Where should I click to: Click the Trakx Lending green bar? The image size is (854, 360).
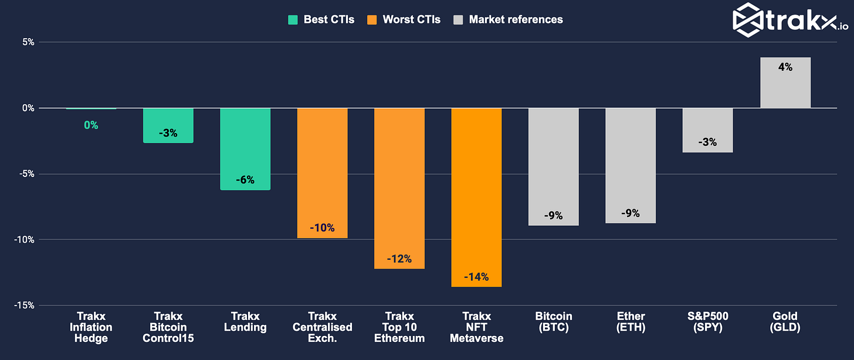click(x=245, y=149)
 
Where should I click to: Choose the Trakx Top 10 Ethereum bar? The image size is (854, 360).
click(x=399, y=188)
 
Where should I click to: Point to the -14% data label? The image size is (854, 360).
click(x=476, y=277)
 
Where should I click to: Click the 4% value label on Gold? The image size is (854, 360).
click(x=785, y=67)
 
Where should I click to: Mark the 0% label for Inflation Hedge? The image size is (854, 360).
click(x=91, y=125)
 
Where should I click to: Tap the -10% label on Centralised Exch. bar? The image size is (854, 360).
click(x=322, y=227)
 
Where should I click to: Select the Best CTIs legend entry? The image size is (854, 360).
click(x=321, y=19)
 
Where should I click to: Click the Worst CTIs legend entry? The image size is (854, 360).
click(x=403, y=19)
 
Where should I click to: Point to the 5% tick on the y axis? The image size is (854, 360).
click(x=28, y=42)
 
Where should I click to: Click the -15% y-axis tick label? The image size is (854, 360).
click(x=25, y=305)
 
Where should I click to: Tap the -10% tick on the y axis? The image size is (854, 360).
click(x=25, y=240)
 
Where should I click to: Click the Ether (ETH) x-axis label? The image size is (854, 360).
click(x=631, y=322)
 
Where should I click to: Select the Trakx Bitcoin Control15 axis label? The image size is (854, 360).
click(x=168, y=327)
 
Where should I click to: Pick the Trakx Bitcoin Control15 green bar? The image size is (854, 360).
click(x=168, y=125)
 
